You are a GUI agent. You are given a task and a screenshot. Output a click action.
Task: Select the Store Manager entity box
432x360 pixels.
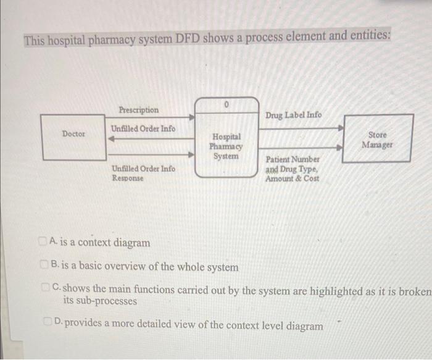coord(377,139)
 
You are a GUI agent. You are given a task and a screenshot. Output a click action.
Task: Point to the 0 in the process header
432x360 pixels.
coord(226,106)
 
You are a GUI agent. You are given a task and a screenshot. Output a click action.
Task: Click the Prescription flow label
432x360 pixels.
coord(138,110)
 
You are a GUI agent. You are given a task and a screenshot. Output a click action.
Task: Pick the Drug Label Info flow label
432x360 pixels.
coord(293,115)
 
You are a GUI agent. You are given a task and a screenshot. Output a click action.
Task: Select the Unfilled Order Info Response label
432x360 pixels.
coord(143,173)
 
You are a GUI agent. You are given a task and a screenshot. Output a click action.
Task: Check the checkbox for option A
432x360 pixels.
coord(41,241)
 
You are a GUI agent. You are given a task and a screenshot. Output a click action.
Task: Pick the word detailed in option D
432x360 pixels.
coord(169,325)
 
